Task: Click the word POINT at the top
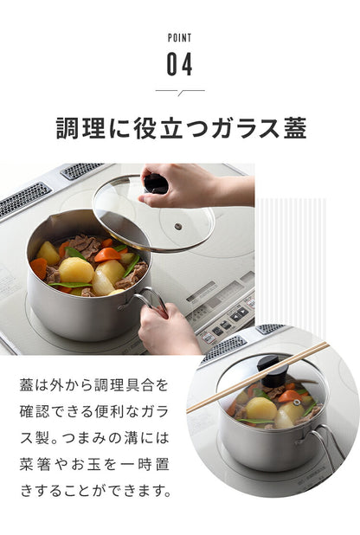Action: tap(179, 38)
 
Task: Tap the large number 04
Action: tap(179, 63)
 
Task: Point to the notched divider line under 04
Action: tap(179, 91)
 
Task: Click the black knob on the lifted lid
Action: tap(156, 184)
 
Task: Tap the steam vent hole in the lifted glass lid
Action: tap(177, 226)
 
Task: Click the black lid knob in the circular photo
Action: tap(273, 371)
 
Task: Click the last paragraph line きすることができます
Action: tap(96, 491)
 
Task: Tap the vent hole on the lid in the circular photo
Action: tap(296, 402)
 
